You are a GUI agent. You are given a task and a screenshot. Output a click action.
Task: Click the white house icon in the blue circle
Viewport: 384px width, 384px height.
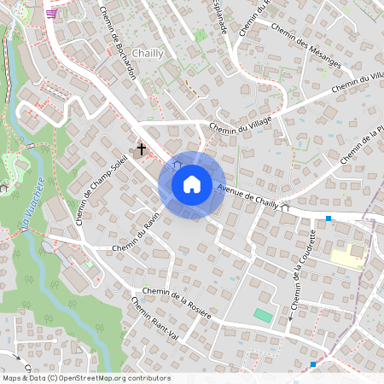(192, 184)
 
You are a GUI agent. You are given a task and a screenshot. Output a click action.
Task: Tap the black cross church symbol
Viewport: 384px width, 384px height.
(141, 149)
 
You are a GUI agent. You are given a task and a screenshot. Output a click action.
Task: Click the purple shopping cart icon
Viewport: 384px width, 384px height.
(52, 13)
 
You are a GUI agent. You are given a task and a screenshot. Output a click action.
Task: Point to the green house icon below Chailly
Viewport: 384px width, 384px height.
(201, 36)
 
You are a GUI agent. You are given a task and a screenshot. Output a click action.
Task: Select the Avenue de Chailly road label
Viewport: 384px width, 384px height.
(247, 197)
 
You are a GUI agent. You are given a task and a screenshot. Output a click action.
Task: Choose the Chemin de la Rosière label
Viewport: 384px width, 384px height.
(177, 303)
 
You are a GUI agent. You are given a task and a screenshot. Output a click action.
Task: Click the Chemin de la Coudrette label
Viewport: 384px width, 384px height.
(305, 271)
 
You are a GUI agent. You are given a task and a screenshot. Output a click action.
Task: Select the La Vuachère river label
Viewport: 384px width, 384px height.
(32, 201)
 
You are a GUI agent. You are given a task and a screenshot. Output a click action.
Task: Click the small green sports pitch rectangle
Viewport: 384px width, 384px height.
(264, 316)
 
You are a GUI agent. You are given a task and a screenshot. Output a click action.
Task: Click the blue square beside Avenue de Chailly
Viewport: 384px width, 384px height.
(329, 219)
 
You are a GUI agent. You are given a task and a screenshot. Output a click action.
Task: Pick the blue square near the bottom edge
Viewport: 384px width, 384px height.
(313, 364)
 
